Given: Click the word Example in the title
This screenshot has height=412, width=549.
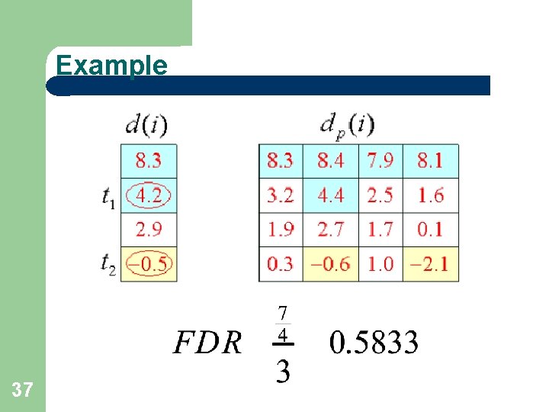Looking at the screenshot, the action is [x=111, y=65].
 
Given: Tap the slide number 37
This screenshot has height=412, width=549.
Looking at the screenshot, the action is [x=23, y=391].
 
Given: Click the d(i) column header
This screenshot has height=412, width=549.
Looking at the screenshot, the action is [x=147, y=125].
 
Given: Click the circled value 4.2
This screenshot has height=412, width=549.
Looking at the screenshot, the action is [x=149, y=196].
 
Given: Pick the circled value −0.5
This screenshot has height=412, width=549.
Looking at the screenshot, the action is [x=149, y=264].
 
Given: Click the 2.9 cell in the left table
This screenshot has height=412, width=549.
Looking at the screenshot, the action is [x=149, y=230].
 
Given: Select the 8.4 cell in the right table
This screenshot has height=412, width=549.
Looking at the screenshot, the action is [x=330, y=161].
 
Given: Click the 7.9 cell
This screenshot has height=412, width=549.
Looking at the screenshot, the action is [x=380, y=161].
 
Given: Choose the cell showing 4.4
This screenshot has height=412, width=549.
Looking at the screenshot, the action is [x=330, y=195].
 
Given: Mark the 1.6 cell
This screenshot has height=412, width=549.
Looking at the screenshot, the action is [x=431, y=195].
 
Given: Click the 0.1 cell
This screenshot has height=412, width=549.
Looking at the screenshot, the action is [x=431, y=230].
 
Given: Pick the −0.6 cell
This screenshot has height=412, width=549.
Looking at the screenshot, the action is [x=330, y=264].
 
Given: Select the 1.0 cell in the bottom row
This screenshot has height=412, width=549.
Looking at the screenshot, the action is [x=380, y=264].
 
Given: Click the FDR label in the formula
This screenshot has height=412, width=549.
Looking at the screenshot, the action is [x=207, y=343].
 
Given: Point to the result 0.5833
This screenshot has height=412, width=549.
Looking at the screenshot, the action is [x=374, y=343].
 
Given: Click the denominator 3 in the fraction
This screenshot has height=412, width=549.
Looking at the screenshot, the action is [x=282, y=372].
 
